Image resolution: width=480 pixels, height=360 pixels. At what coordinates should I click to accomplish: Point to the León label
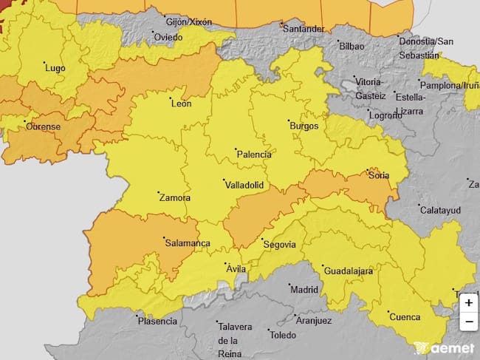click(181, 104)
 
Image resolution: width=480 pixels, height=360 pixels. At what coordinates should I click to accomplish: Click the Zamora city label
click(174, 198)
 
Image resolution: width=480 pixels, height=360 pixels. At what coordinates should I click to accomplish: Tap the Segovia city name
click(279, 245)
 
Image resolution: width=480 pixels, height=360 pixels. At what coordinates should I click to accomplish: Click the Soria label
click(379, 176)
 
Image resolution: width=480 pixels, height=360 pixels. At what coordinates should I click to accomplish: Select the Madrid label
click(303, 290)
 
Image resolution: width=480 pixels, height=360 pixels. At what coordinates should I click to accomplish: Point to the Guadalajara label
click(347, 271)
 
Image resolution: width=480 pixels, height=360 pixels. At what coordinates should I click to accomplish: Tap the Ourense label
click(43, 126)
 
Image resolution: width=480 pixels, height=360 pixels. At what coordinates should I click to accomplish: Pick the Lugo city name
click(55, 68)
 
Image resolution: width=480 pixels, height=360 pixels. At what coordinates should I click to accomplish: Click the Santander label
click(303, 29)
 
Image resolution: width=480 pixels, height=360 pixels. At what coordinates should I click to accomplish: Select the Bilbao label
click(351, 46)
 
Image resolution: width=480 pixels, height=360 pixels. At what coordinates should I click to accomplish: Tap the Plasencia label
click(157, 321)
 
